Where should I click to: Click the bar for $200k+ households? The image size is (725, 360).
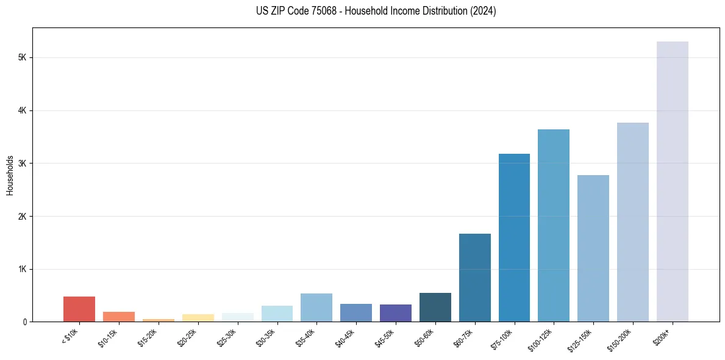click(672, 183)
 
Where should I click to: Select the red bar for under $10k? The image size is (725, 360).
click(79, 309)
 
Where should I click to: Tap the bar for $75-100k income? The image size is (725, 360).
click(514, 238)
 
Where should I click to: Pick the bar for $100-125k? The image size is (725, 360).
click(554, 226)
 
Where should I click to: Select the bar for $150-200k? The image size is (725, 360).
click(633, 223)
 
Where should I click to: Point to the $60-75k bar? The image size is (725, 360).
click(474, 278)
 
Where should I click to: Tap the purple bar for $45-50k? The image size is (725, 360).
click(396, 313)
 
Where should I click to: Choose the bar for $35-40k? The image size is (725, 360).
click(316, 308)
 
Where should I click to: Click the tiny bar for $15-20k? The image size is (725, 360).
click(159, 320)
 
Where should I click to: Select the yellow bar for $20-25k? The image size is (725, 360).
click(198, 318)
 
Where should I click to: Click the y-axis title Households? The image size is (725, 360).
click(10, 175)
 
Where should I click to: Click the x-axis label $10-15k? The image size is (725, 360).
click(108, 337)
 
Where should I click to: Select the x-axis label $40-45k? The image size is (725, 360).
click(345, 337)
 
